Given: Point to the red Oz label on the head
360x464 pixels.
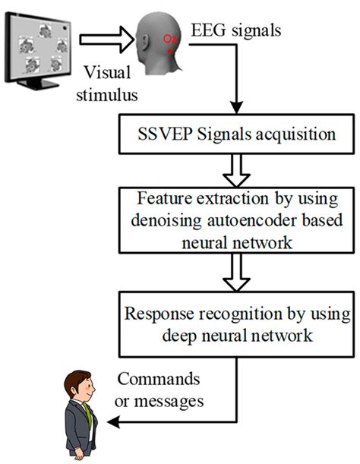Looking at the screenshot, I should click(169, 37).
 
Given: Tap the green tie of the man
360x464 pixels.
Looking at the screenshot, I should click(87, 415).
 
